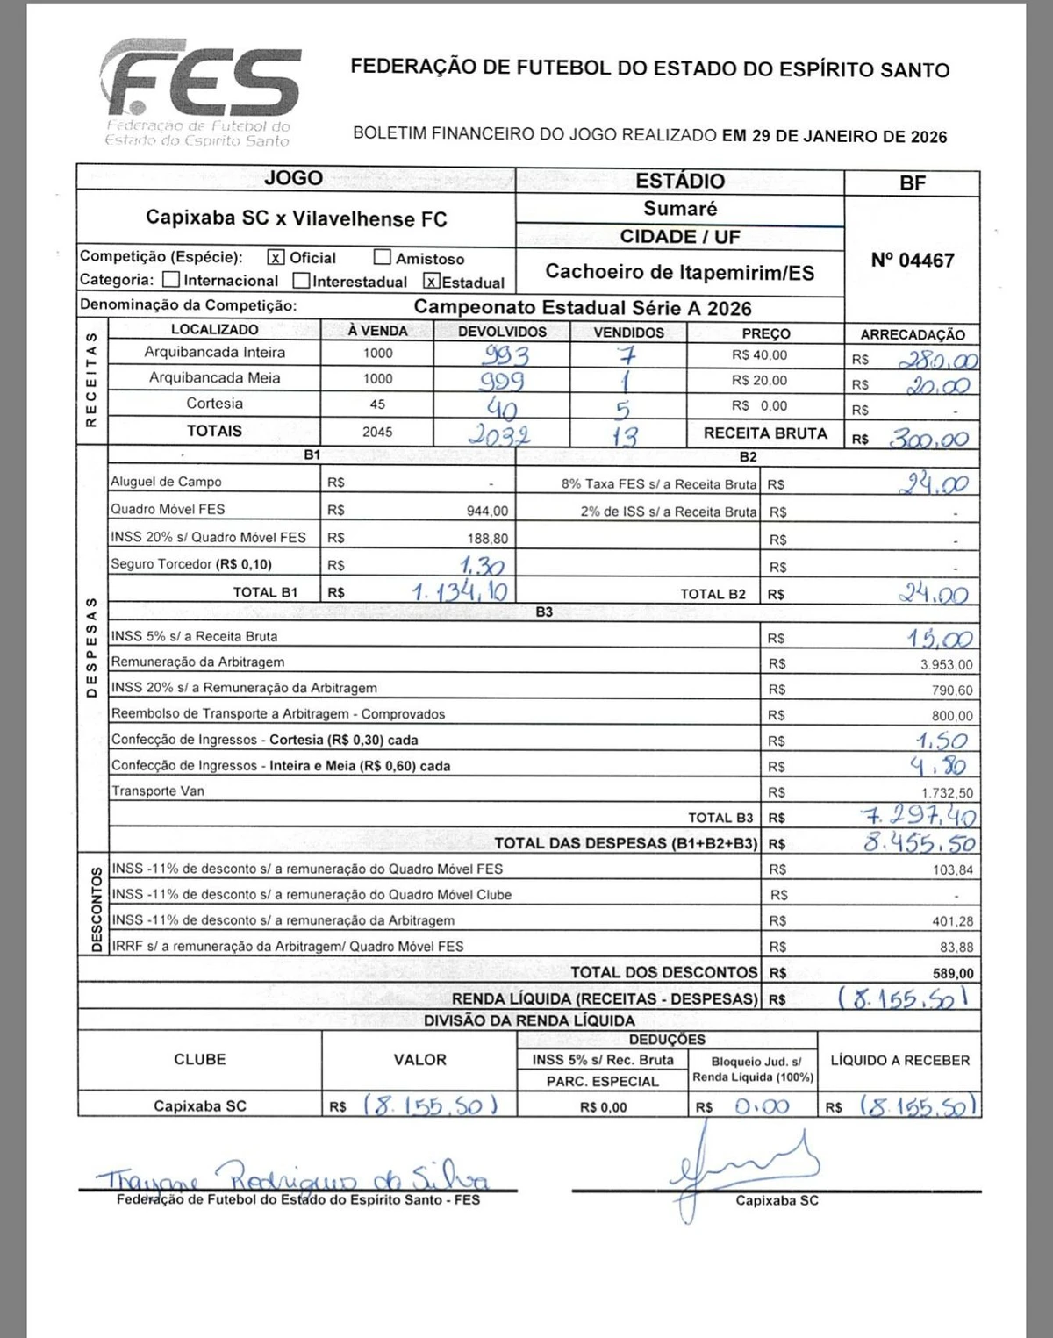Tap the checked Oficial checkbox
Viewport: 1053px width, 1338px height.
[x=276, y=257]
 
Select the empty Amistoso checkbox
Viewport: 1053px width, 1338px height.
[x=382, y=257]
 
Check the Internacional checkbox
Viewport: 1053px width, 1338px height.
[x=172, y=280]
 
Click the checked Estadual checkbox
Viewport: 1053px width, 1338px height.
[x=431, y=281]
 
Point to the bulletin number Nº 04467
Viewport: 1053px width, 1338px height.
[x=912, y=261]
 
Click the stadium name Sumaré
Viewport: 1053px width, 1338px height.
[x=680, y=209]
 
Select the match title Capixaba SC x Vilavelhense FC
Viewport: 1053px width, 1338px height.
[x=296, y=218]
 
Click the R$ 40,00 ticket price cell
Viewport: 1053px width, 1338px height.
[x=759, y=355]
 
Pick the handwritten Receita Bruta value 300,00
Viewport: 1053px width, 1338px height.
[x=928, y=439]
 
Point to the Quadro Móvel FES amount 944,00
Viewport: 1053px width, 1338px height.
[x=487, y=511]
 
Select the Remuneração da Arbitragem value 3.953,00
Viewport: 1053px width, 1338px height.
[x=946, y=665]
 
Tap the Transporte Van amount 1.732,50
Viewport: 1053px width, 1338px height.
[x=946, y=793]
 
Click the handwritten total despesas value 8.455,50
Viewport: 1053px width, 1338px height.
[x=920, y=843]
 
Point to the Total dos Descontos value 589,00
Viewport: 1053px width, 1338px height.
[x=953, y=973]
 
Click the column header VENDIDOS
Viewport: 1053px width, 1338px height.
[x=628, y=333]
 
